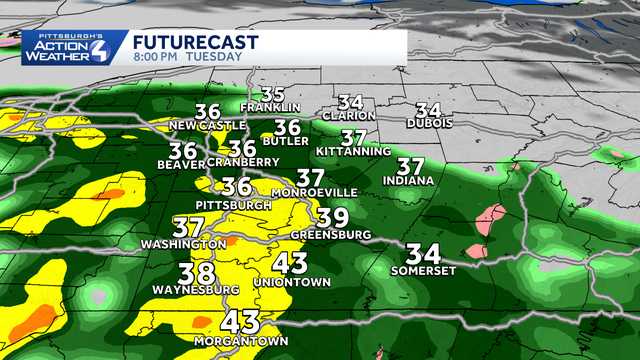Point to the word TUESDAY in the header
click(x=221, y=57)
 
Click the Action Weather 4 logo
click(x=64, y=46)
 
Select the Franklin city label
click(x=271, y=108)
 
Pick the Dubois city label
click(x=430, y=123)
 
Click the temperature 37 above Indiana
click(x=410, y=165)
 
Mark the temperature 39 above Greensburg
click(x=333, y=218)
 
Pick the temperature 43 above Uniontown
click(x=290, y=263)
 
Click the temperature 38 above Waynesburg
click(x=197, y=273)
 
